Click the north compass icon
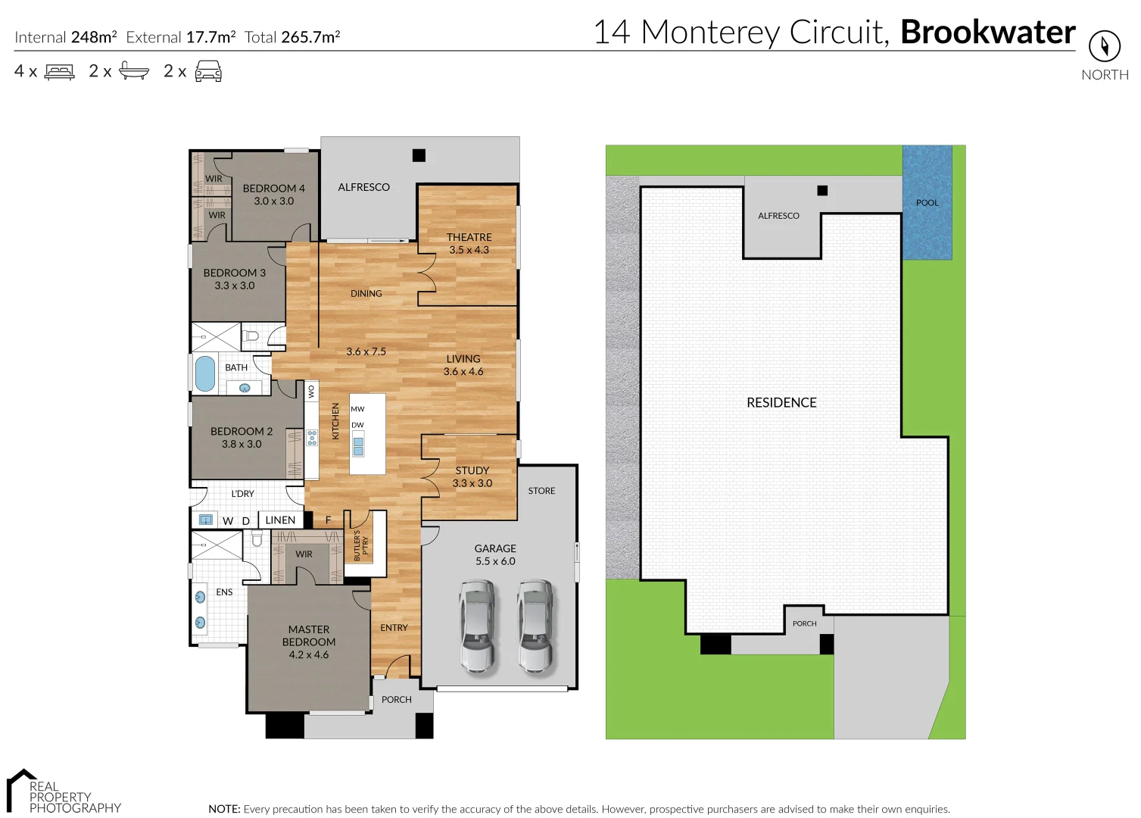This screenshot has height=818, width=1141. point(1104,46)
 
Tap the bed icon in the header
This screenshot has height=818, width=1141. point(60,72)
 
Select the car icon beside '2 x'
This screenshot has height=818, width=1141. point(208,72)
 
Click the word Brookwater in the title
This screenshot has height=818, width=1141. point(987,33)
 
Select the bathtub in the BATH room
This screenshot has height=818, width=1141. point(205,373)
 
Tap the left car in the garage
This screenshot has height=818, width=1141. point(476,625)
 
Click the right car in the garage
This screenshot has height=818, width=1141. point(535,625)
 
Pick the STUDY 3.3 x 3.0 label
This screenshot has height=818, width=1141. point(472,476)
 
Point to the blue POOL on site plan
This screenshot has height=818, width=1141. point(927,202)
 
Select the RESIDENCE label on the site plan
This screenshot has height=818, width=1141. point(781,403)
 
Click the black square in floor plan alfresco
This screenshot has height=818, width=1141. point(419,155)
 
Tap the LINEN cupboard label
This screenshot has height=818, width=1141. point(280,520)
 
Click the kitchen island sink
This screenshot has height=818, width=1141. point(358,446)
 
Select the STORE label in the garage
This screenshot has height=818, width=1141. point(541,491)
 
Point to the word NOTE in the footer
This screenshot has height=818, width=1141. point(223,809)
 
